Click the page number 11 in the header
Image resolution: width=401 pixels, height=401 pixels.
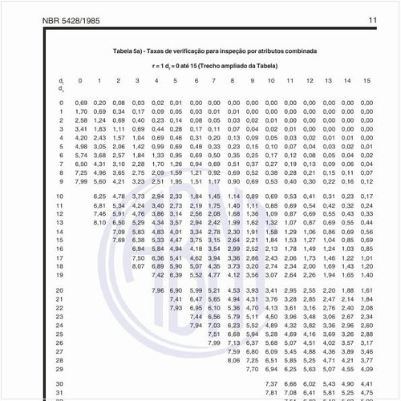[372, 19]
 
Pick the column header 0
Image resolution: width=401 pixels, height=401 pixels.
[80, 81]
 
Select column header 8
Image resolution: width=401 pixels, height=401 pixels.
[232, 81]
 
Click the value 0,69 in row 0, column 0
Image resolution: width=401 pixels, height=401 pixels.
[81, 103]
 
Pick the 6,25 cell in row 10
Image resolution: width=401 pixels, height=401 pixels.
[99, 196]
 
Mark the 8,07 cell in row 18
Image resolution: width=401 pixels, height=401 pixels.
[137, 266]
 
